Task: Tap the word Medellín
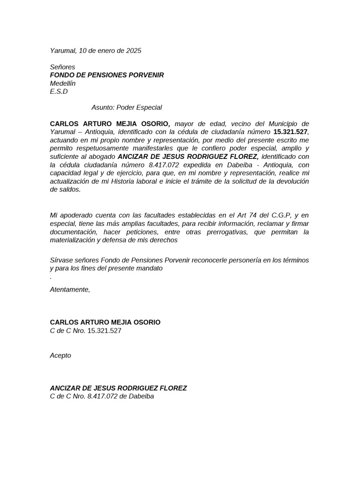(62, 83)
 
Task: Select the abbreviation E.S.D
(59, 92)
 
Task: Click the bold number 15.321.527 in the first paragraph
(291, 132)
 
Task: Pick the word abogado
(103, 157)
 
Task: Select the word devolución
(290, 181)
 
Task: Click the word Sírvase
(61, 260)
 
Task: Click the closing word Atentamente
(70, 290)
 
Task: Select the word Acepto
(60, 355)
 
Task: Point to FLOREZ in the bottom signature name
(173, 388)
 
